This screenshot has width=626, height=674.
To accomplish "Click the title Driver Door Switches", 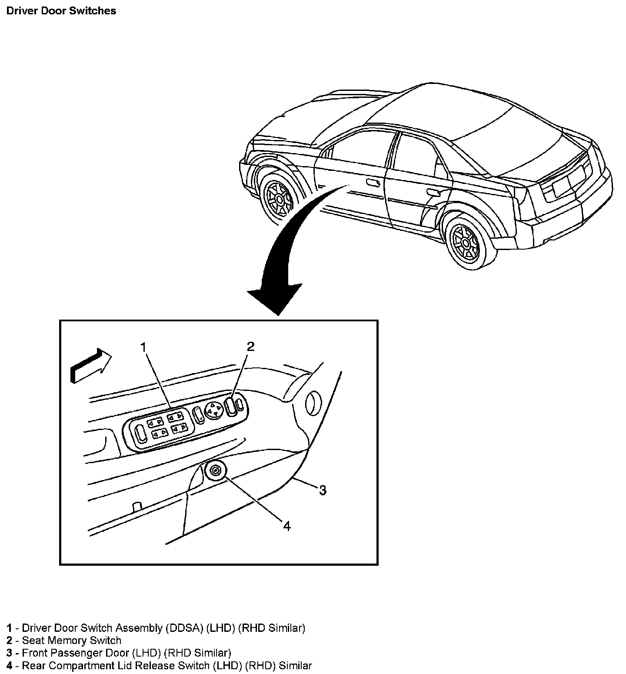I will coord(61,11).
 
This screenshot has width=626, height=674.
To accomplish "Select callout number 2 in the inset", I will coord(250,346).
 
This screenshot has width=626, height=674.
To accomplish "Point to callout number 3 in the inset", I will coord(322,490).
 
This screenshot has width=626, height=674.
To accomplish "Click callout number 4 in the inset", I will coord(286,526).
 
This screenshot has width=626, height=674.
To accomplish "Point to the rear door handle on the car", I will coord(433,192).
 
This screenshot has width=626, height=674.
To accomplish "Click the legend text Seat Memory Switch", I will coord(72,641).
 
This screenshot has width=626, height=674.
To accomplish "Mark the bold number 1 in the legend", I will coord(9,628).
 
